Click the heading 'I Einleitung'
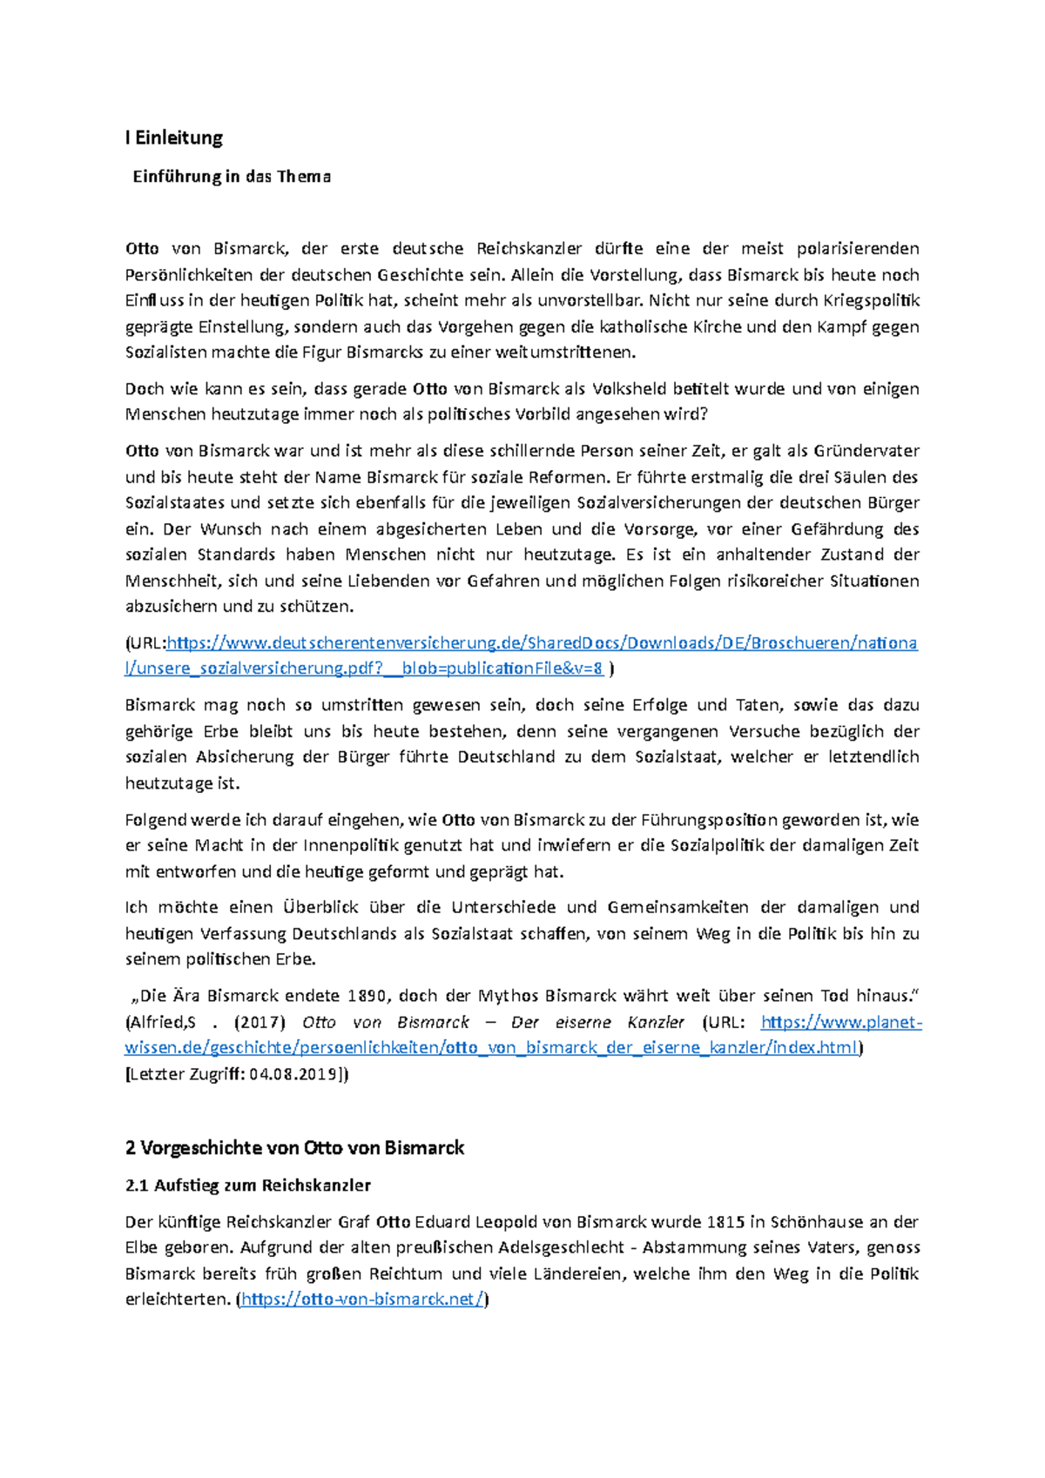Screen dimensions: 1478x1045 [174, 138]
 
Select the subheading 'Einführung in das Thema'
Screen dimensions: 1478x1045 [232, 177]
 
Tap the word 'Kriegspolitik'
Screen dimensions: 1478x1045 [870, 301]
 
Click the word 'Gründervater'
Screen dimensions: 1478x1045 [866, 451]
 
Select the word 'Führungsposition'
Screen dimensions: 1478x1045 [709, 820]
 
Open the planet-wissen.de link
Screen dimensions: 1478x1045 [492, 1047]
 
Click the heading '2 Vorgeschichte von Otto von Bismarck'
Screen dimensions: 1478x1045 [294, 1148]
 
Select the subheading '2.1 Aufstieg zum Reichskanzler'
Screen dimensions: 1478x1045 [248, 1186]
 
